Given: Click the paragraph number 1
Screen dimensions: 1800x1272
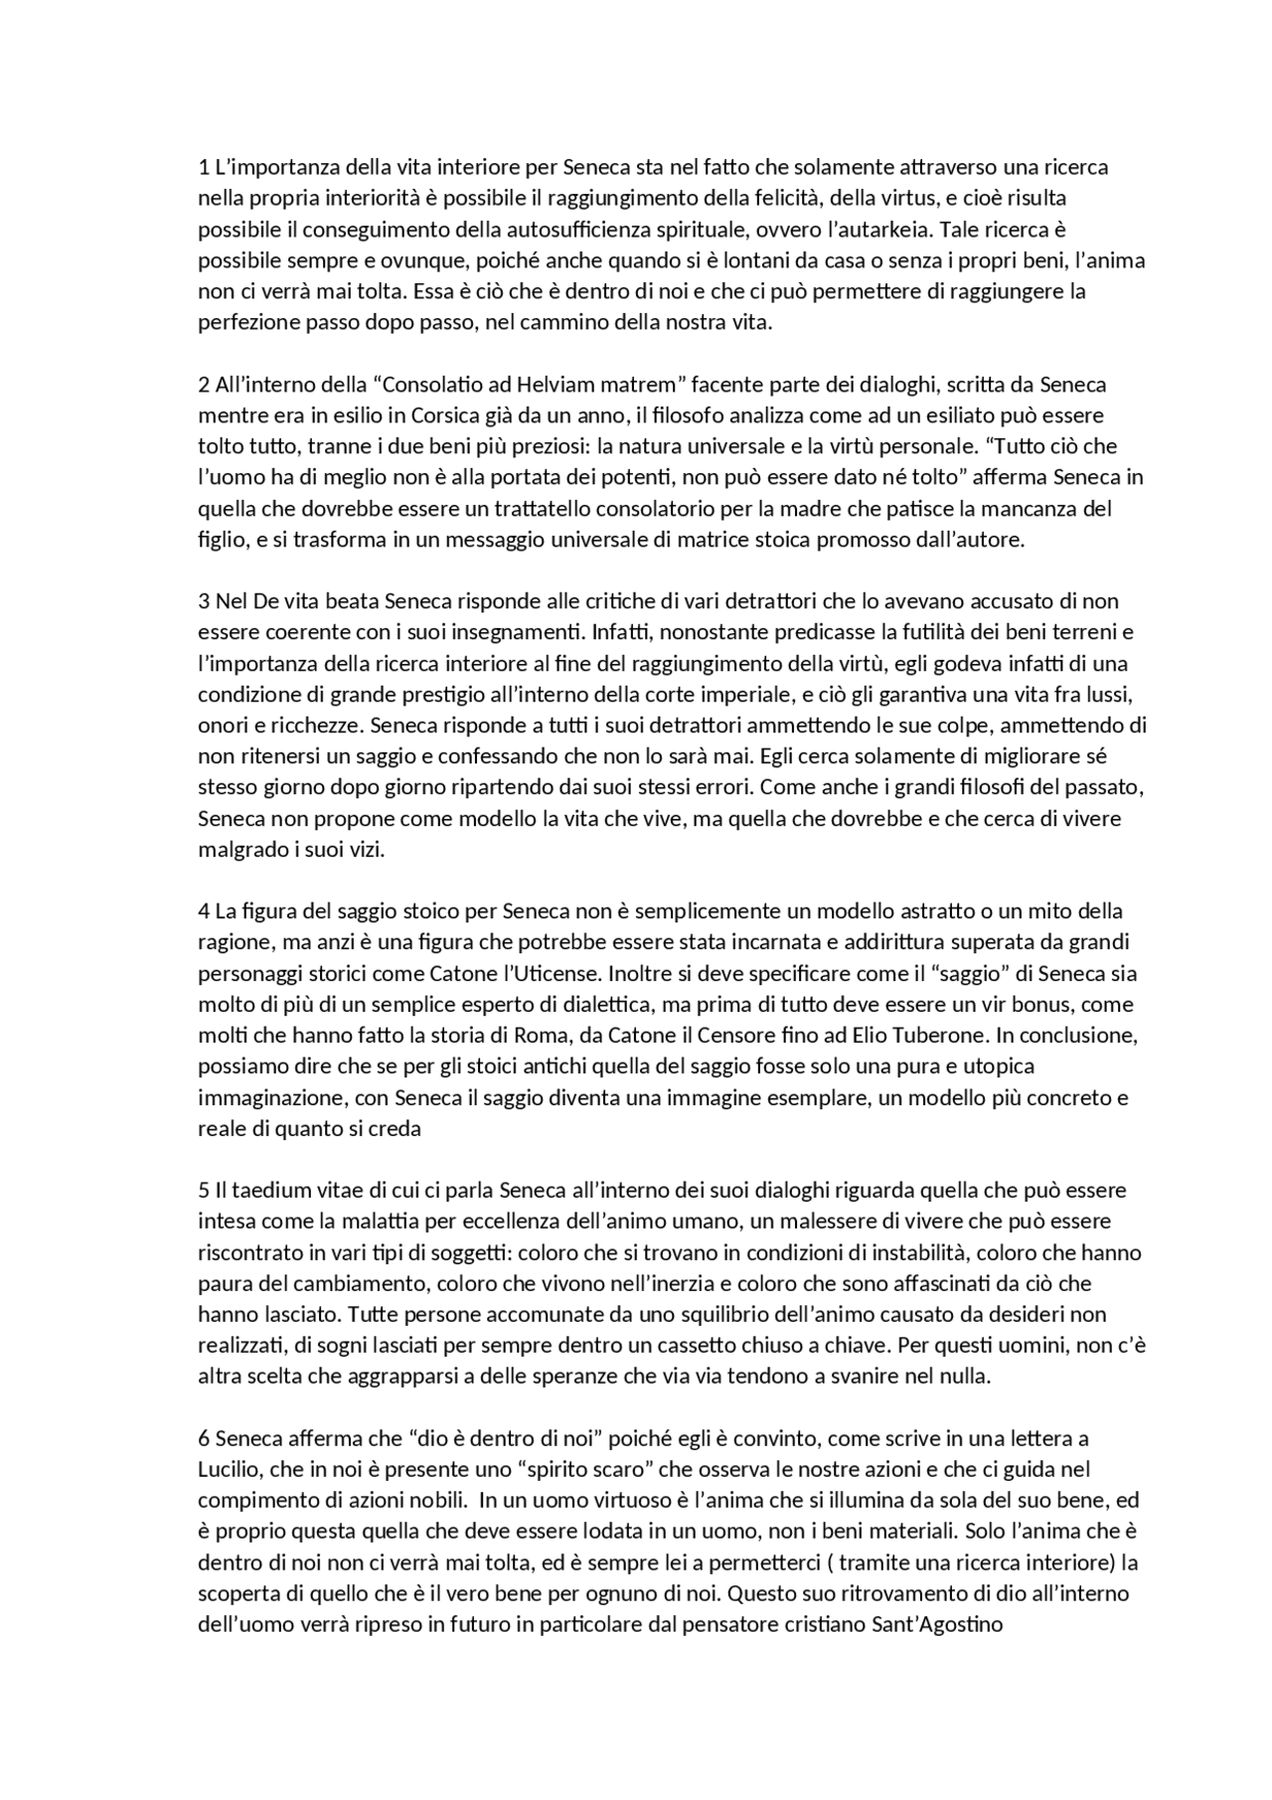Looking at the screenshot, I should coord(204,167).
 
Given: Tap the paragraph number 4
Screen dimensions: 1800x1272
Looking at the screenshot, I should coord(204,910).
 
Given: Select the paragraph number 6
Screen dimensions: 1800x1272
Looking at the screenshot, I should coord(204,1438).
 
